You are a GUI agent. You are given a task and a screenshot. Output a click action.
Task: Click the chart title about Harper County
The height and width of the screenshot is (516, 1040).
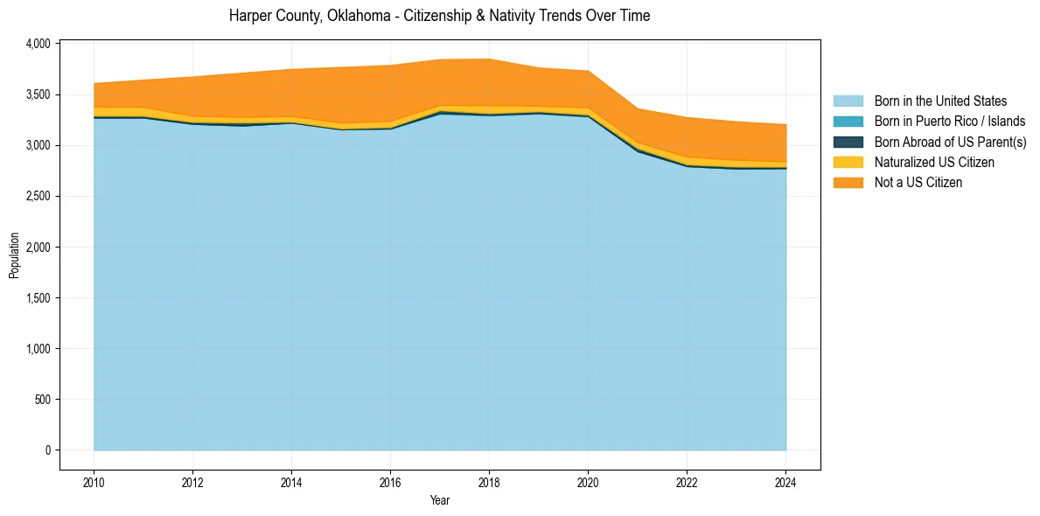[439, 16]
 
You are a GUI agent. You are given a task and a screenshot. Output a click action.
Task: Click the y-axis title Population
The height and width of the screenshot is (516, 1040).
[14, 255]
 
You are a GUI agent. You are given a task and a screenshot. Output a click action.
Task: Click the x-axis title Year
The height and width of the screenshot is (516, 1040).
[440, 500]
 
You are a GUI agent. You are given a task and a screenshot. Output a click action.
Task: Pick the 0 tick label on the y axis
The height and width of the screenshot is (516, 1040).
[48, 450]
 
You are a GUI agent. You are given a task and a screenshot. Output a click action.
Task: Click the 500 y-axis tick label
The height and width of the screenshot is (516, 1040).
[44, 400]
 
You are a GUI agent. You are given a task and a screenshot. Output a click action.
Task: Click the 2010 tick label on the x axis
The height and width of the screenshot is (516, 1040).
[94, 481]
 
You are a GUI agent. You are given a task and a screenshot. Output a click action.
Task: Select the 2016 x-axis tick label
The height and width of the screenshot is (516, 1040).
[390, 481]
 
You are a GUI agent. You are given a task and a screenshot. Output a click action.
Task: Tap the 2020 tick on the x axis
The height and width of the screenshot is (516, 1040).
[588, 481]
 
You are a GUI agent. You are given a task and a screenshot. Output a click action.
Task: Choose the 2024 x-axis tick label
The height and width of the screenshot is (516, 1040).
[785, 481]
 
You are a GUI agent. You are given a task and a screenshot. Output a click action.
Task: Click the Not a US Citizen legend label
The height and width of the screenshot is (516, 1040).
[918, 182]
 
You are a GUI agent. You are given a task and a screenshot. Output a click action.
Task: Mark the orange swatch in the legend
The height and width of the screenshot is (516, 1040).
[848, 182]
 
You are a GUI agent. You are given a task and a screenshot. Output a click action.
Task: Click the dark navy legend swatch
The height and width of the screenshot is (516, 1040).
[848, 142]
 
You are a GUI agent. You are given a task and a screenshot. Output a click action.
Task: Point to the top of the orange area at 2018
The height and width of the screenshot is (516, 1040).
[489, 59]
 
